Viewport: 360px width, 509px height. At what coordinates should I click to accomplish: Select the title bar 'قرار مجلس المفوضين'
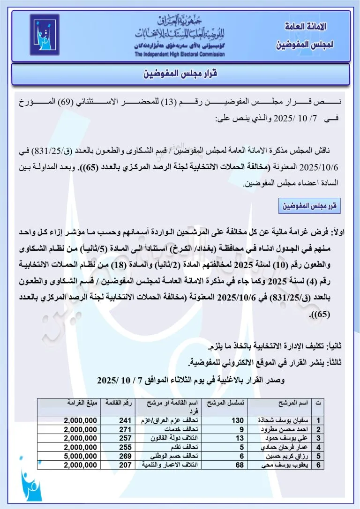coord(180,74)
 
